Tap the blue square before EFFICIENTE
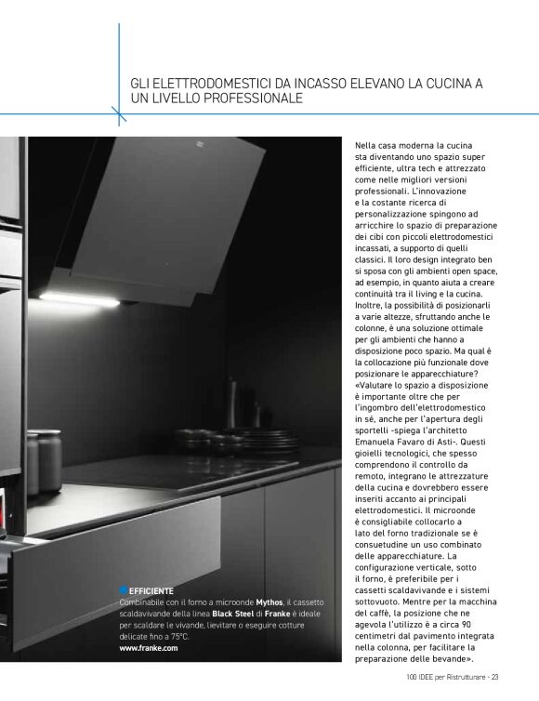(123, 589)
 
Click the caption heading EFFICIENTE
(151, 590)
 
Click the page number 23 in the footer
(495, 676)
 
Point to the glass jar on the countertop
(44, 461)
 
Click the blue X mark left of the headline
(119, 113)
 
